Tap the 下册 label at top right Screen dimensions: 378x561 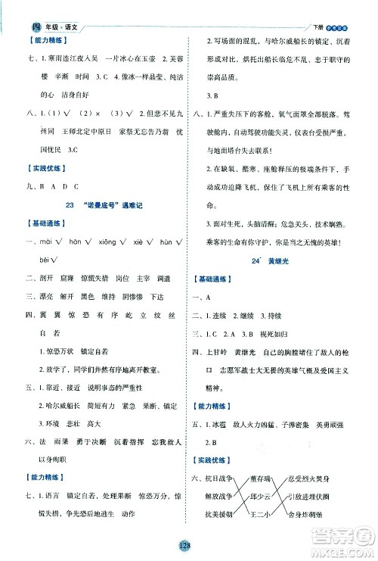(314, 8)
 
